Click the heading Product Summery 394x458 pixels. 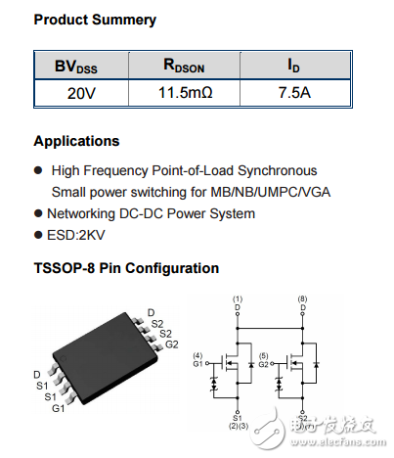tap(94, 20)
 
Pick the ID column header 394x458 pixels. tap(294, 67)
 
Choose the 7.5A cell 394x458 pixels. tap(294, 94)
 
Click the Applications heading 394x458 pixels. tap(76, 141)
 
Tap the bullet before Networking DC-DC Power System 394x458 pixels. tap(38, 213)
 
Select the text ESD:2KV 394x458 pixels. tap(79, 236)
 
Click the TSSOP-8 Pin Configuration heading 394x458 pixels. tap(126, 268)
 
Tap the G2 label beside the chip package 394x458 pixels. tap(171, 344)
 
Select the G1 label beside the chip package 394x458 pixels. tap(58, 407)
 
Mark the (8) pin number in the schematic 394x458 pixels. tap(303, 298)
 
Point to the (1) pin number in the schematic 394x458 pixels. tap(237, 298)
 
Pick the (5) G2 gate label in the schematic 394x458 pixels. tap(265, 359)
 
